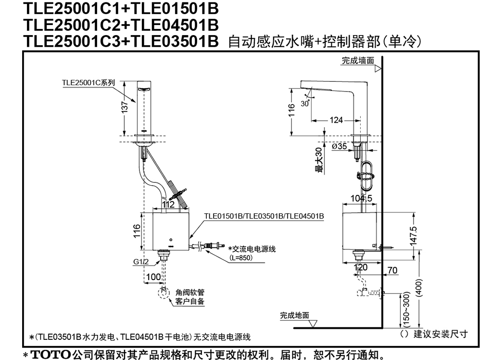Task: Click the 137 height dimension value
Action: coord(125,106)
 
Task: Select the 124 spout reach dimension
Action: coord(336,120)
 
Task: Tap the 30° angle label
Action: coord(305,103)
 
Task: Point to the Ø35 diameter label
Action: coord(340,146)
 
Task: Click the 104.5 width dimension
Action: coord(361,198)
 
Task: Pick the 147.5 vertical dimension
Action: coord(414,236)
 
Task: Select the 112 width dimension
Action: coord(168,204)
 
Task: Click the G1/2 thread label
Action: coord(141,262)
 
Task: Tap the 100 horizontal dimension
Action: coord(153,277)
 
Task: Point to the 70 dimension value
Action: coord(392,270)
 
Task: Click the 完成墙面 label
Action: coord(358,60)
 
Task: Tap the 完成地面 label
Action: coord(294,315)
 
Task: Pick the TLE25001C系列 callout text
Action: coord(88,82)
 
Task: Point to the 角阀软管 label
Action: coord(190,292)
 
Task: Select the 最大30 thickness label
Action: coord(319,160)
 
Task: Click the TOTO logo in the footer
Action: coord(50,355)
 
